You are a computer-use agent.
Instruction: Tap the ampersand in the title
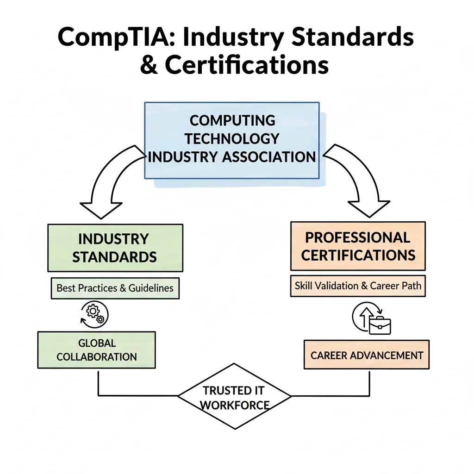point(149,65)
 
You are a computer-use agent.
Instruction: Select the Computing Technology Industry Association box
point(232,141)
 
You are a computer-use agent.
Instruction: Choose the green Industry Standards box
point(115,248)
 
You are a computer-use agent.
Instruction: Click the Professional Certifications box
point(358,246)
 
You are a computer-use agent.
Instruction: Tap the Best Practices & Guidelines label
point(115,288)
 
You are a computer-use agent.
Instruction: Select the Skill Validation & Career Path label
point(358,286)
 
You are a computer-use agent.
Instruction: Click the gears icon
point(94,314)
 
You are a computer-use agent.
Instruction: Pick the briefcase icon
point(380,325)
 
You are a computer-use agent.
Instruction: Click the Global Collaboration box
point(96,350)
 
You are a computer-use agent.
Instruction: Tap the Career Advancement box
point(367,355)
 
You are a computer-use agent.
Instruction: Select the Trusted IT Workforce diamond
point(235,396)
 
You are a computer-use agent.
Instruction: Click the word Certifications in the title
point(247,65)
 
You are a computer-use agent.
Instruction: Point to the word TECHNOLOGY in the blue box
point(232,139)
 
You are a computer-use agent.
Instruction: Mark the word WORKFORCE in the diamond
point(235,405)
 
